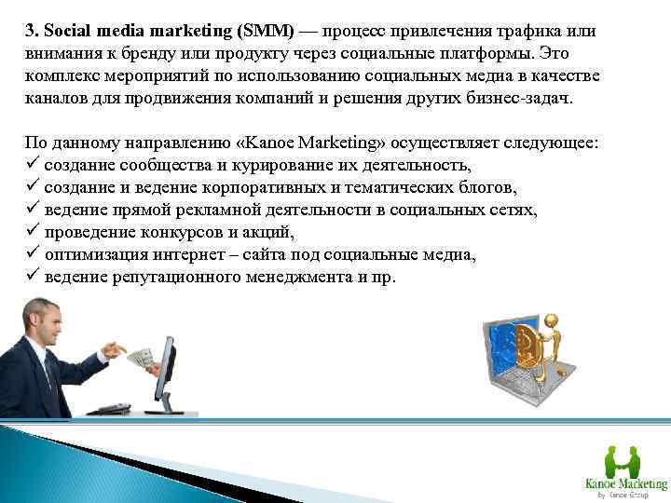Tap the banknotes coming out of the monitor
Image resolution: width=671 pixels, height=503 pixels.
coord(141,358)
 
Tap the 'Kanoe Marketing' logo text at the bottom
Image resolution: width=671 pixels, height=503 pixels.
coord(625,483)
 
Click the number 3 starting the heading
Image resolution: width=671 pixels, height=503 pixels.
coord(29,31)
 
